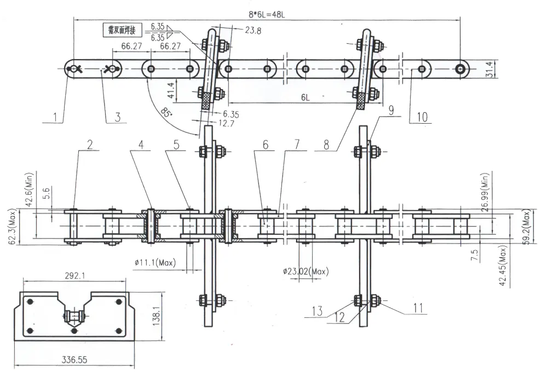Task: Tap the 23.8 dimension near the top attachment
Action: coord(252,31)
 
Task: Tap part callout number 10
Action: coord(422,117)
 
